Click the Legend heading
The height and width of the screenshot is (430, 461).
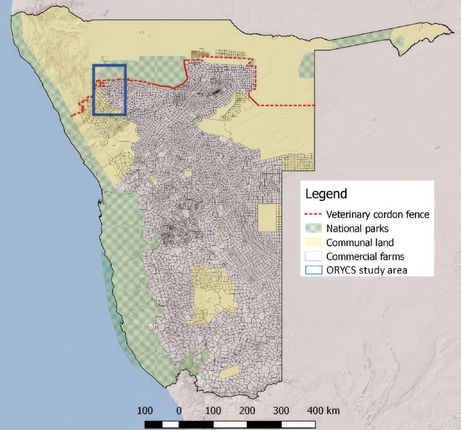click(x=326, y=194)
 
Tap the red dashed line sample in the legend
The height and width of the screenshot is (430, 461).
click(x=313, y=214)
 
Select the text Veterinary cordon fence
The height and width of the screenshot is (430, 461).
click(x=377, y=214)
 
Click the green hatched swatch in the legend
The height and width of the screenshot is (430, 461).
click(x=313, y=228)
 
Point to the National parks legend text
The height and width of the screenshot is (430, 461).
click(x=357, y=228)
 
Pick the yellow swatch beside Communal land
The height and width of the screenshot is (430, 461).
click(x=313, y=242)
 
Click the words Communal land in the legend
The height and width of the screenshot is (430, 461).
click(x=360, y=243)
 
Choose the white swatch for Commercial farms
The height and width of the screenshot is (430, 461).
click(x=313, y=256)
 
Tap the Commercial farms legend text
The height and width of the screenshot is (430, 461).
click(x=365, y=257)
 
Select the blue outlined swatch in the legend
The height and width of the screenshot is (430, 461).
click(x=313, y=270)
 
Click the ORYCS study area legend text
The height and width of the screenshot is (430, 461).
click(x=366, y=270)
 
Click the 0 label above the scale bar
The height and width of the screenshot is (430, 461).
click(x=179, y=411)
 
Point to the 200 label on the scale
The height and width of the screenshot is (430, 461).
click(x=247, y=411)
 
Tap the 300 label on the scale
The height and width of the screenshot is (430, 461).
click(x=281, y=411)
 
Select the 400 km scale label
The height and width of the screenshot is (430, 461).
click(x=323, y=411)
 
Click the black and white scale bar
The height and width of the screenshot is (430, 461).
click(x=230, y=424)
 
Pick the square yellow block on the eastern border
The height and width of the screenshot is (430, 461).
click(x=269, y=218)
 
